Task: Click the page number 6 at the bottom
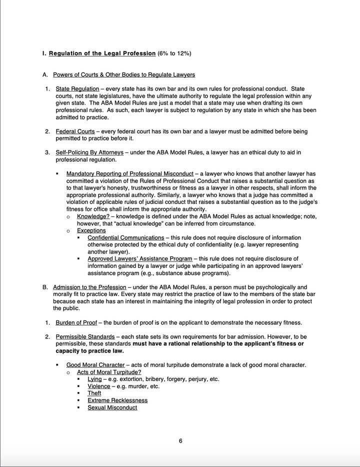point(180,440)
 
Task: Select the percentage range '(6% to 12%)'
point(174,53)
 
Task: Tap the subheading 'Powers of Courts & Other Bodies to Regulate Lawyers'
point(124,75)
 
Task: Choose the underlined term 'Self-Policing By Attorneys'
point(89,152)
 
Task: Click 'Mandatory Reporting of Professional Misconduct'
point(129,174)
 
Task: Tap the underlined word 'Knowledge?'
point(93,216)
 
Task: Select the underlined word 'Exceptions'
point(91,230)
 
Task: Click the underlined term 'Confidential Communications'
point(125,237)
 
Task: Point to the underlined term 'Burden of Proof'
point(77,322)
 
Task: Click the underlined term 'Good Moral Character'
point(95,365)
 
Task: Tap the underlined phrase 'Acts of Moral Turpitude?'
point(109,372)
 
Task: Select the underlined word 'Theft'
point(94,393)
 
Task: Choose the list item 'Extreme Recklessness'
point(117,400)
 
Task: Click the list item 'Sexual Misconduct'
point(112,407)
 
